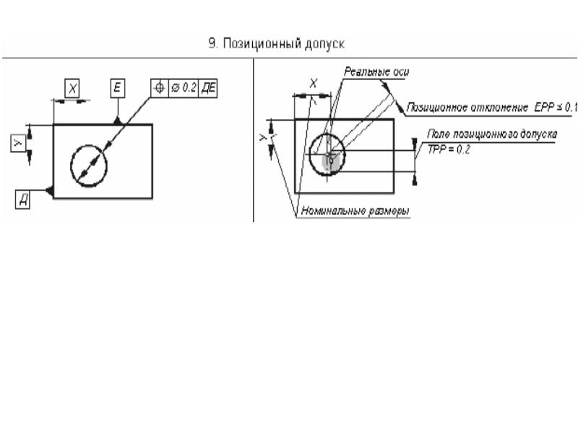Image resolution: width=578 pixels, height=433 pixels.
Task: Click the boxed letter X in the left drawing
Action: [x=72, y=88]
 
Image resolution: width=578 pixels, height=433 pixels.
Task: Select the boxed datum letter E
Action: [x=117, y=88]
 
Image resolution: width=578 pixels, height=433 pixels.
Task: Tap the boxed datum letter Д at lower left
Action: [x=24, y=200]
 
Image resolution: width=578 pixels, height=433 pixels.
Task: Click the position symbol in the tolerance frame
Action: [x=159, y=87]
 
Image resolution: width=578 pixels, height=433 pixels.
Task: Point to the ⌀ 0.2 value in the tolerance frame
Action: [x=185, y=87]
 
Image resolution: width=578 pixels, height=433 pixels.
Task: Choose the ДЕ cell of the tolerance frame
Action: [x=212, y=87]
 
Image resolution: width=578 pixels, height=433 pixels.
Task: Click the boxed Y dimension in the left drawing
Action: [x=19, y=144]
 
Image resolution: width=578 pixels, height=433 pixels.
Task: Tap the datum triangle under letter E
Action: [x=117, y=121]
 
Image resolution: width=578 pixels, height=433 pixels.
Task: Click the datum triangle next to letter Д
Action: [x=48, y=190]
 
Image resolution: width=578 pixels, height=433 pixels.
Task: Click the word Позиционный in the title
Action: [x=254, y=44]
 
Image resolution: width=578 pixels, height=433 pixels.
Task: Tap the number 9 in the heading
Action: [x=212, y=44]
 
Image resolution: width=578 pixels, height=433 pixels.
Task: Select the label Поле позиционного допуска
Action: [x=492, y=134]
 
